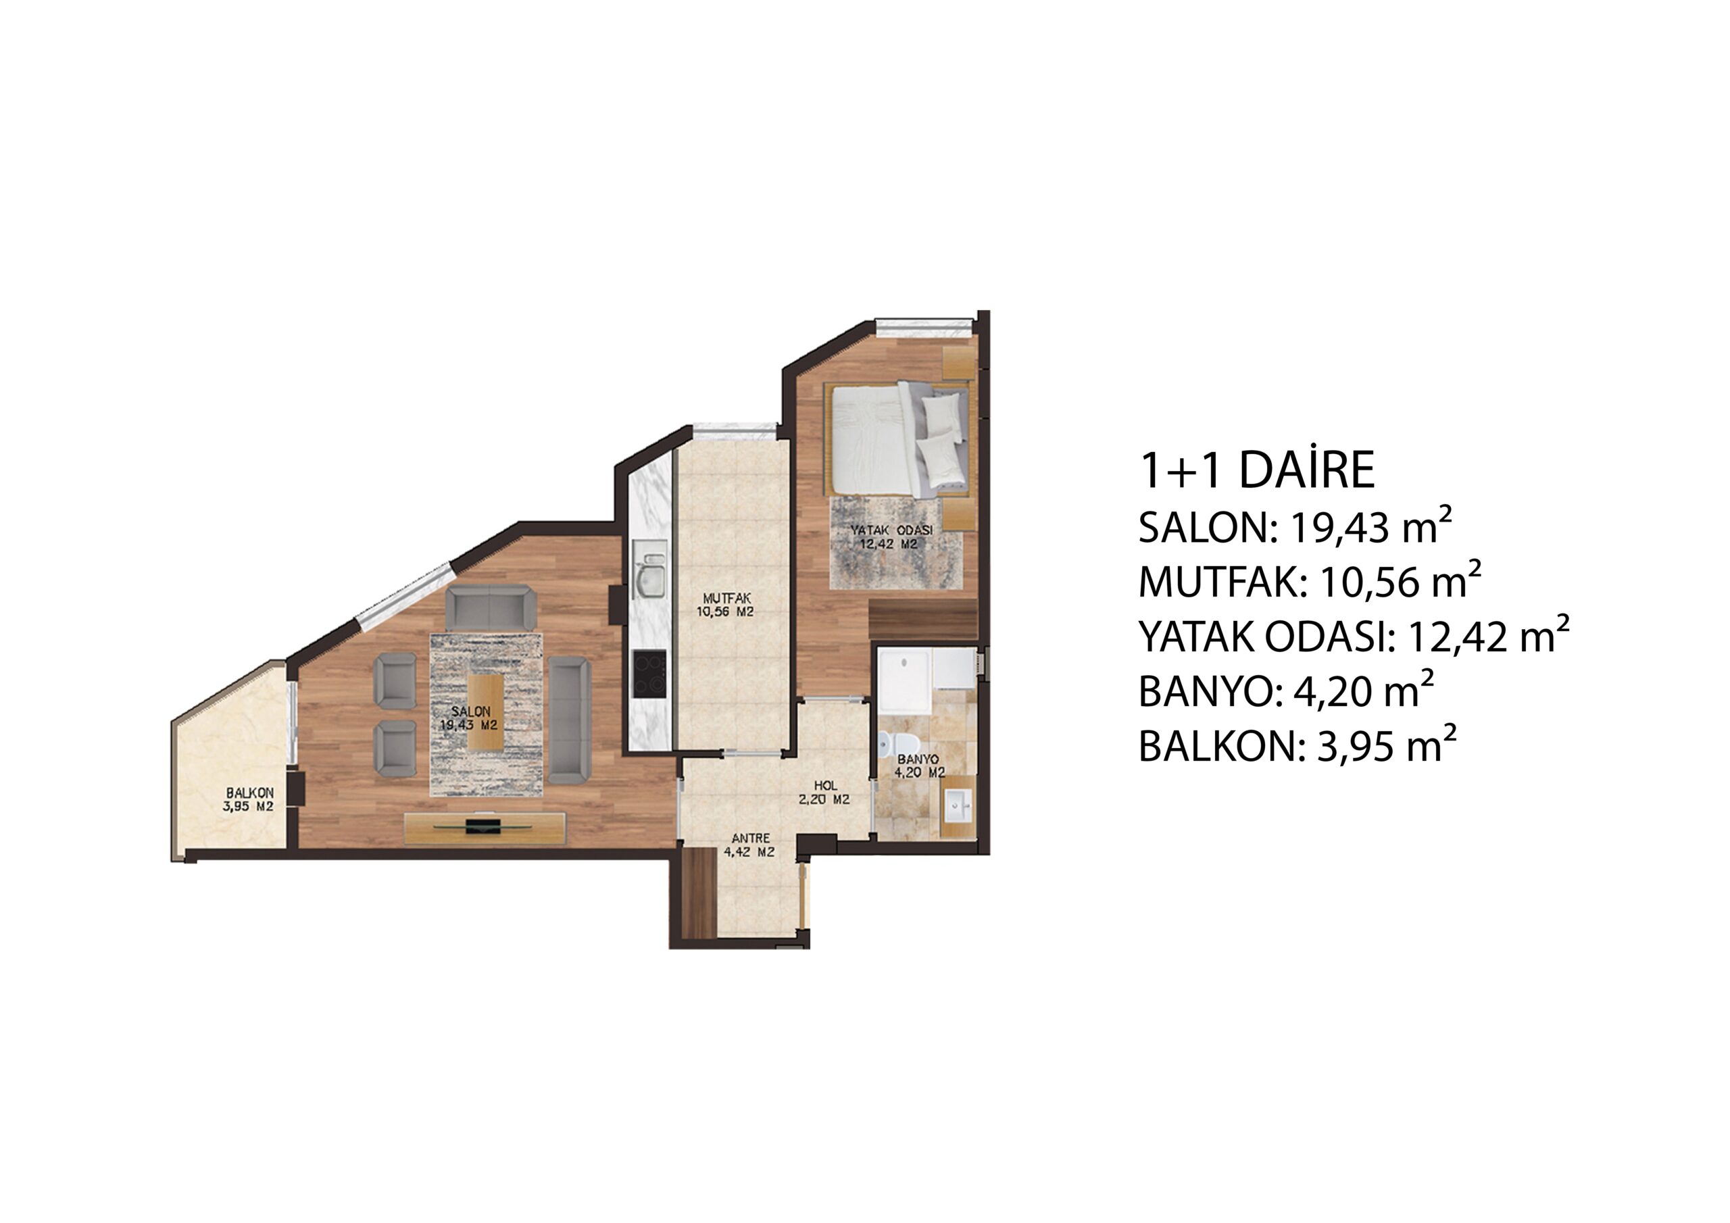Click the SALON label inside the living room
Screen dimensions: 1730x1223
point(470,712)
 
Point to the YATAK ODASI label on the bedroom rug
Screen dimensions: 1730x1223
point(891,530)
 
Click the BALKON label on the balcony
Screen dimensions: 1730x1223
point(249,793)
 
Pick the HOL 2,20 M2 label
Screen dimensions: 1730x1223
point(825,793)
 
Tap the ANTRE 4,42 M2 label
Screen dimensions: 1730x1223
point(749,845)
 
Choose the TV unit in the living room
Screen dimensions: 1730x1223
point(485,828)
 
